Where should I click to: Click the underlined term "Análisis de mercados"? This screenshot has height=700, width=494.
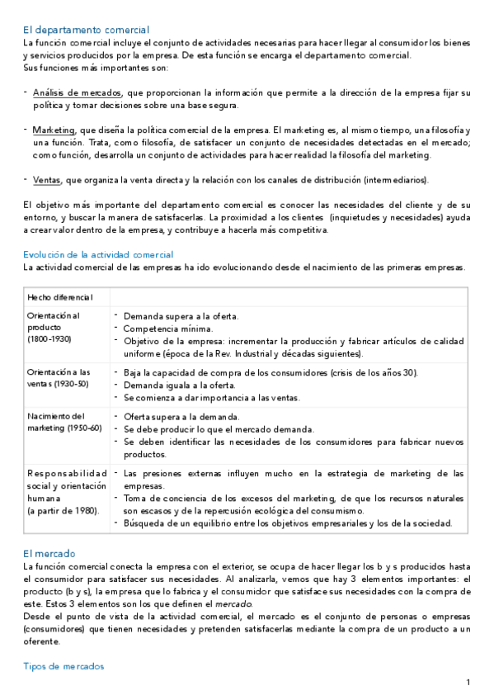click(77, 93)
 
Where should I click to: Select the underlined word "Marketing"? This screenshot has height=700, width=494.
click(53, 130)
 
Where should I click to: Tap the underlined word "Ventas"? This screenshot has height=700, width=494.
click(47, 180)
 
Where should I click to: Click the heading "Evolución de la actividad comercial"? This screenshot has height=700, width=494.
click(98, 254)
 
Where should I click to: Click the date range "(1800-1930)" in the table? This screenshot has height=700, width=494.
click(49, 338)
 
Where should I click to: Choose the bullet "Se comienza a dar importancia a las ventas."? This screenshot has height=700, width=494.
click(212, 397)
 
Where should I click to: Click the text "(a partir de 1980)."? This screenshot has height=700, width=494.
click(63, 510)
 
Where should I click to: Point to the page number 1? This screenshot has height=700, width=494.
click(468, 682)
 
